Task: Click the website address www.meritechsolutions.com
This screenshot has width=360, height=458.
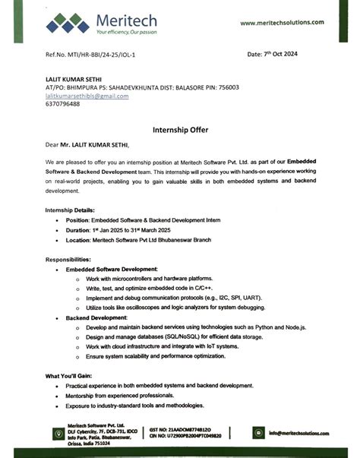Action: [x=286, y=23]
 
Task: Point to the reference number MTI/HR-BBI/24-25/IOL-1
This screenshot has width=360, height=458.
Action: [x=107, y=55]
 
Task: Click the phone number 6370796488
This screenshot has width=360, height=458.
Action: [x=63, y=105]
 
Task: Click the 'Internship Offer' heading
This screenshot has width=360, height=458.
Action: [x=180, y=130]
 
